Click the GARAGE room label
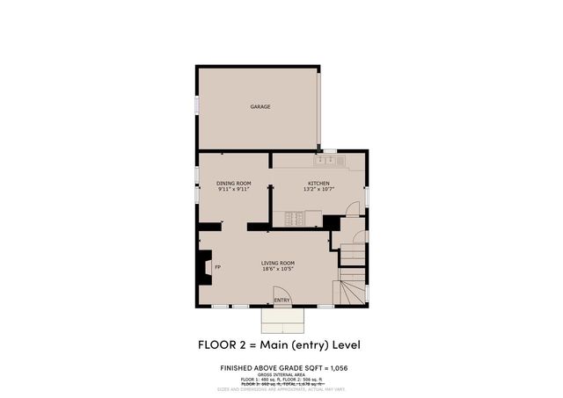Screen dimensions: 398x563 tap(260, 106)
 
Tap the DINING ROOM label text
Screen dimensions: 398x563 tap(234, 182)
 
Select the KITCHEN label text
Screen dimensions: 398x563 tap(318, 182)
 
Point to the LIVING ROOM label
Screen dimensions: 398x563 tap(277, 263)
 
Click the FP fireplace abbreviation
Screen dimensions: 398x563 tap(217, 267)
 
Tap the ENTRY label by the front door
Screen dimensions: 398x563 tap(281, 300)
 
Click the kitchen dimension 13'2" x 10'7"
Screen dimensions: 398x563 tap(318, 188)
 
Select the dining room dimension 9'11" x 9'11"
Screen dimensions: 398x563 tap(234, 188)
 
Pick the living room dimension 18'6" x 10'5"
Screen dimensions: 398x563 tap(277, 269)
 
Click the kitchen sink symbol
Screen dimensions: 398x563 tap(326, 161)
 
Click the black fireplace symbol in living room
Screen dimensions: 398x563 tap(204, 267)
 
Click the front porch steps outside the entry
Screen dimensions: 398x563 tap(283, 317)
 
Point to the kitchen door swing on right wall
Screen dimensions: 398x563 tap(353, 208)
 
